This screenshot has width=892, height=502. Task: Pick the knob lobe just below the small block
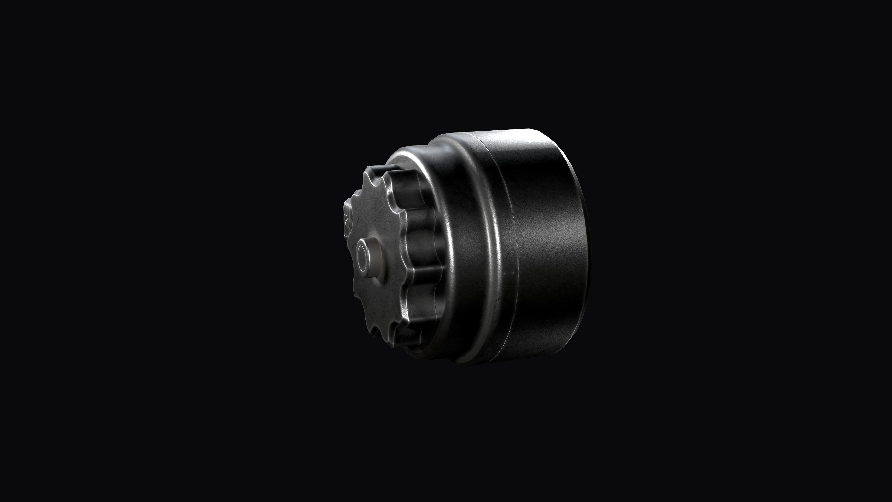[350, 239]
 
